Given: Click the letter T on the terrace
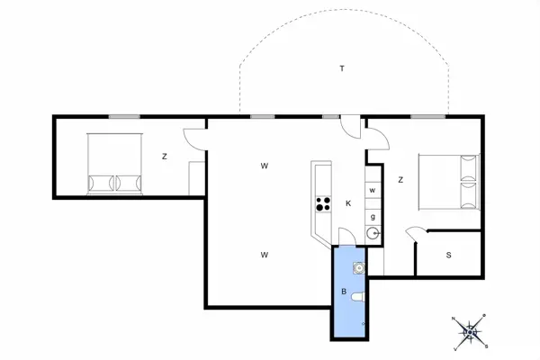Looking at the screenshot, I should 342,68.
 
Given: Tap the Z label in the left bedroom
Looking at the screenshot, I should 165,157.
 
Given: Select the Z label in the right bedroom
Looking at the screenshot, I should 400,180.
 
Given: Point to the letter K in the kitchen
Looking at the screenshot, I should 347,203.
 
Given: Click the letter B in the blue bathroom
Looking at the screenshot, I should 344,292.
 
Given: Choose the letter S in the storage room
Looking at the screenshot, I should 448,255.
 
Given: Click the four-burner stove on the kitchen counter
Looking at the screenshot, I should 321,204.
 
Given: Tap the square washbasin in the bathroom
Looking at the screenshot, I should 358,266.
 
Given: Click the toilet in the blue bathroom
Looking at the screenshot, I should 357,296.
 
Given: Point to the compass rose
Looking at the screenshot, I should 470,332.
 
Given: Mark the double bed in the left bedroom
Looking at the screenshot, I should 115,164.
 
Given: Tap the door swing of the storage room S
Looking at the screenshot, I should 415,235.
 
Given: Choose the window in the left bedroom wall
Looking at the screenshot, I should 124,116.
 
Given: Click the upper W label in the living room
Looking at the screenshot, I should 265,166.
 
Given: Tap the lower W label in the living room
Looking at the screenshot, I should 265,255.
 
